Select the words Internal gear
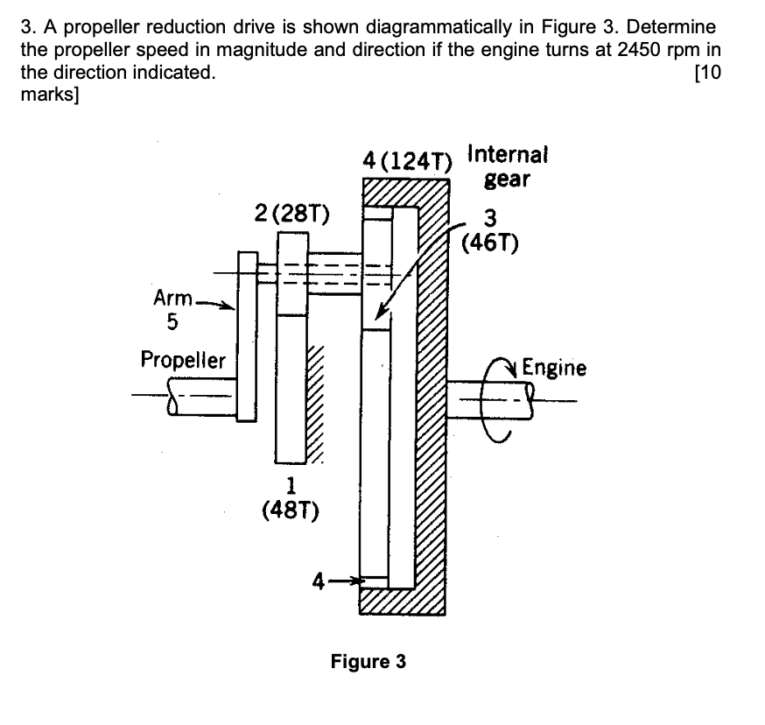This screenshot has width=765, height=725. pos(508,165)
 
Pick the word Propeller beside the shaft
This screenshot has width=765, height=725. pos(183,360)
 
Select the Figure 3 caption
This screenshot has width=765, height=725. pos(368,661)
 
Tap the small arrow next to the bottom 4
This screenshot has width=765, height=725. pos(347,580)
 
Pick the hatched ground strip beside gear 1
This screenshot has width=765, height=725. pos(315,403)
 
